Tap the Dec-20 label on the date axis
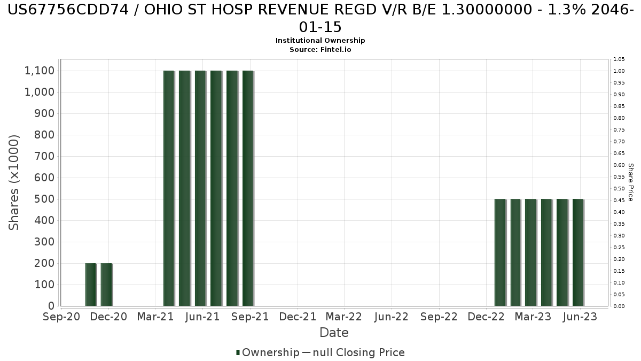pyautogui.click(x=109, y=317)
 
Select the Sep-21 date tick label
pyautogui.click(x=250, y=317)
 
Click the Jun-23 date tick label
pyautogui.click(x=580, y=317)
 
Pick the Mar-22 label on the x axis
pyautogui.click(x=345, y=317)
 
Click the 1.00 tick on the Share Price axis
pyautogui.click(x=619, y=71)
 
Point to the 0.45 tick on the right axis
pyautogui.click(x=619, y=201)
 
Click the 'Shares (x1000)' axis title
pyautogui.click(x=14, y=182)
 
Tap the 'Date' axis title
pyautogui.click(x=334, y=333)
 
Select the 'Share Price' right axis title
pyautogui.click(x=630, y=182)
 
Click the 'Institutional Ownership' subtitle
pyautogui.click(x=320, y=41)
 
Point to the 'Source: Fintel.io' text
pyautogui.click(x=320, y=49)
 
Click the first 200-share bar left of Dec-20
pyautogui.click(x=90, y=285)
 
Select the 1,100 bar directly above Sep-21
pyautogui.click(x=248, y=188)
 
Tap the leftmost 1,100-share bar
pyautogui.click(x=169, y=188)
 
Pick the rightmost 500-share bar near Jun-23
pyautogui.click(x=578, y=252)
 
